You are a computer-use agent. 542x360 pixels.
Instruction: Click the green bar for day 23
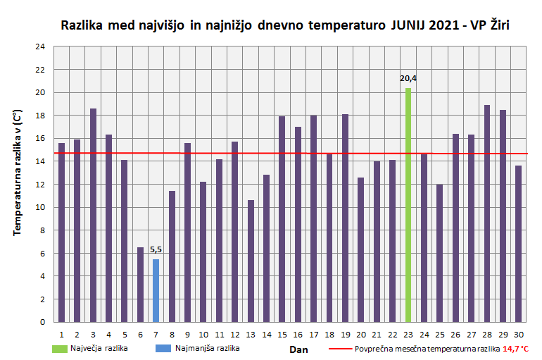point(408,205)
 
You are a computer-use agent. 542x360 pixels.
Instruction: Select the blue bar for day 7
point(156,290)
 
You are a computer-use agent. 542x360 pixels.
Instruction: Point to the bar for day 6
point(140,285)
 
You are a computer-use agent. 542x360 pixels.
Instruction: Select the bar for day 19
point(345,218)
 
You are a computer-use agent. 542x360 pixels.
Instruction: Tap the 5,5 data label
point(156,249)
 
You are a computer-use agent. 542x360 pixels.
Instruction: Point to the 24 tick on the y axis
point(40,46)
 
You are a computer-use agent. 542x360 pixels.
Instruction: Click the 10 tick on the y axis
point(40,207)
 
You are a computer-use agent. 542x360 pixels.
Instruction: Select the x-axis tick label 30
point(518,334)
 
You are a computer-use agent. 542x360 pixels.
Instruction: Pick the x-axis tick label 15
point(282,334)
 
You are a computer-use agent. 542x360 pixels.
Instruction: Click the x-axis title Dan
point(298,349)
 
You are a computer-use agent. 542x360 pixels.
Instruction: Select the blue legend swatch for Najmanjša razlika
point(163,348)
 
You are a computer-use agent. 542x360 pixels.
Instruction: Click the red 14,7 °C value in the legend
point(515,349)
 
